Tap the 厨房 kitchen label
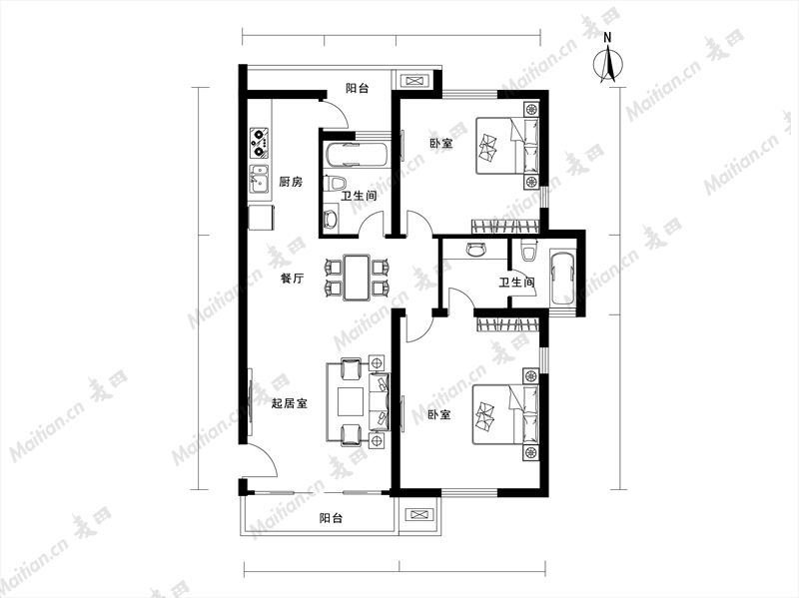(x=291, y=182)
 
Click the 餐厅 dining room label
(x=293, y=279)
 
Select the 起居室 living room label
(x=289, y=404)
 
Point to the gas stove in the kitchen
(x=260, y=143)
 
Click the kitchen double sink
(x=260, y=179)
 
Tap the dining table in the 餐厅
(x=357, y=278)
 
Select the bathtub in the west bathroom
(x=357, y=155)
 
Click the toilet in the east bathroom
(x=528, y=251)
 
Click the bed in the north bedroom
(x=506, y=146)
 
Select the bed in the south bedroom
(x=504, y=414)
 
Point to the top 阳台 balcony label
(x=358, y=88)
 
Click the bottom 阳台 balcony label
(x=331, y=518)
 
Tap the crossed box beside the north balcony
(x=412, y=81)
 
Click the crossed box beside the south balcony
(x=419, y=515)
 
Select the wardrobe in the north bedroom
(x=505, y=227)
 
